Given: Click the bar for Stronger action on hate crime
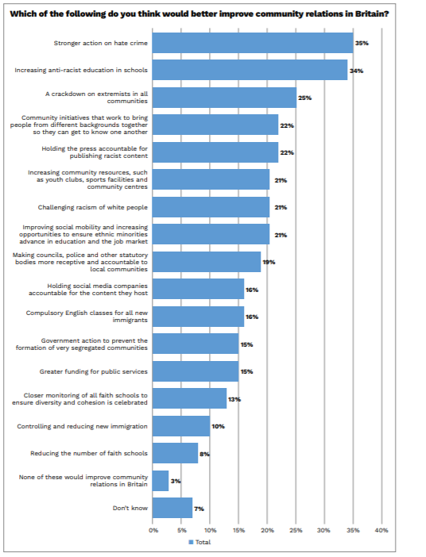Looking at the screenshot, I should click(x=252, y=43).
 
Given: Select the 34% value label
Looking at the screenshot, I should click(x=357, y=71).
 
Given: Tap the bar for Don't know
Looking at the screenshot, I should click(x=172, y=508).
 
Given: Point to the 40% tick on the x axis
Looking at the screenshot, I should click(x=381, y=529).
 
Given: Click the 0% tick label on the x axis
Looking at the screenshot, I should click(x=153, y=529).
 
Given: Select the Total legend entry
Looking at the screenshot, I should click(x=199, y=542).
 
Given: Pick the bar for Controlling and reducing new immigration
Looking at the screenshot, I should click(x=180, y=426).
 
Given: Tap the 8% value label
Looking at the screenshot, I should click(x=204, y=454).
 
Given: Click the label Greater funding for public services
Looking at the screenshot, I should click(x=94, y=371).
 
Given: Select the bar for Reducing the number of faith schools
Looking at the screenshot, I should click(x=175, y=453).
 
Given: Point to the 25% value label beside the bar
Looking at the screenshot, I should click(x=304, y=98).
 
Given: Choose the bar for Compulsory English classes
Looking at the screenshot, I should click(x=198, y=317).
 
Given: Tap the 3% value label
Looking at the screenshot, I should click(x=176, y=481).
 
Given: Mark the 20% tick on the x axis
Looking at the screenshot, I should click(x=267, y=529).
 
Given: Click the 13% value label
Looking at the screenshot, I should click(x=234, y=399).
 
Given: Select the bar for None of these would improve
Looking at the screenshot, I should click(x=161, y=481).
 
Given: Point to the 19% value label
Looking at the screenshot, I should click(x=269, y=262).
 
